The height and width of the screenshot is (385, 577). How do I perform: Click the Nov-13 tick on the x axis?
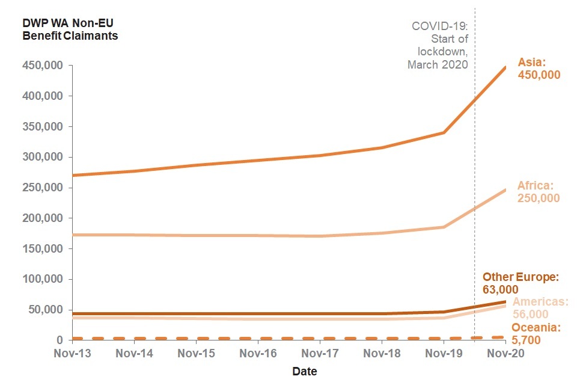[x=73, y=354]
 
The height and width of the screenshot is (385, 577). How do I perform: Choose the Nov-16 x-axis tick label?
[x=258, y=354]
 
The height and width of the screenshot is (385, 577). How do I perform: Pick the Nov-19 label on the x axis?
[x=444, y=354]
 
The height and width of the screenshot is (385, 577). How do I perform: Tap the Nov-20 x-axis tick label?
[x=505, y=354]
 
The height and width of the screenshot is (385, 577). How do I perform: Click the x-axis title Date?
[x=305, y=371]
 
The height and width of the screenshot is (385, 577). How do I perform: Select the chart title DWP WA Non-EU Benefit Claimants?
[x=70, y=29]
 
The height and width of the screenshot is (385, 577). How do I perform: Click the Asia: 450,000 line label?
[x=539, y=69]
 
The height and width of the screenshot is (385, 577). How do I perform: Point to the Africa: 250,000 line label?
[x=538, y=192]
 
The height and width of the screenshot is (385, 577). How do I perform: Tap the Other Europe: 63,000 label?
[x=521, y=283]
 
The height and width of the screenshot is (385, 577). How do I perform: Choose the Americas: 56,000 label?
[x=540, y=308]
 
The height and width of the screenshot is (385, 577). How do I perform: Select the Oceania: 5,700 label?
[x=536, y=333]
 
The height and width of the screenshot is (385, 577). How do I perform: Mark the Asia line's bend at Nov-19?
[x=444, y=132]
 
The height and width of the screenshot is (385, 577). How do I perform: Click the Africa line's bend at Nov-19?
[x=444, y=227]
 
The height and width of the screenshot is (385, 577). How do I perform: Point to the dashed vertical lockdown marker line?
[x=475, y=180]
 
